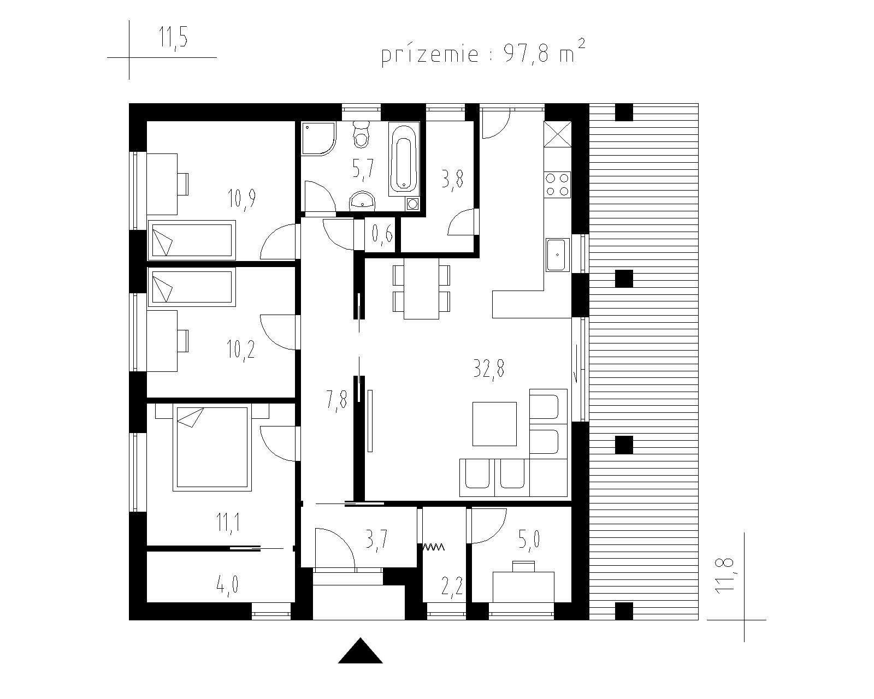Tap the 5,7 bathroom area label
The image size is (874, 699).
[x=363, y=169]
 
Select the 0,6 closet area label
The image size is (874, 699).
[x=382, y=234]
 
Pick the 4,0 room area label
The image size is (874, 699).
[x=227, y=585]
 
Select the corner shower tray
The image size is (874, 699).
[x=318, y=139]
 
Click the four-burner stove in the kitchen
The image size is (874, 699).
[x=558, y=185]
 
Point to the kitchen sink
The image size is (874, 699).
[x=558, y=254]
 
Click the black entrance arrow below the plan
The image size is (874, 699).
[x=360, y=650]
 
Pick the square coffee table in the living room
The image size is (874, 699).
[x=494, y=424]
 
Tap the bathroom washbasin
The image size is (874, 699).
[x=363, y=200]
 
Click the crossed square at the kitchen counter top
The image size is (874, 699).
[x=557, y=134]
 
